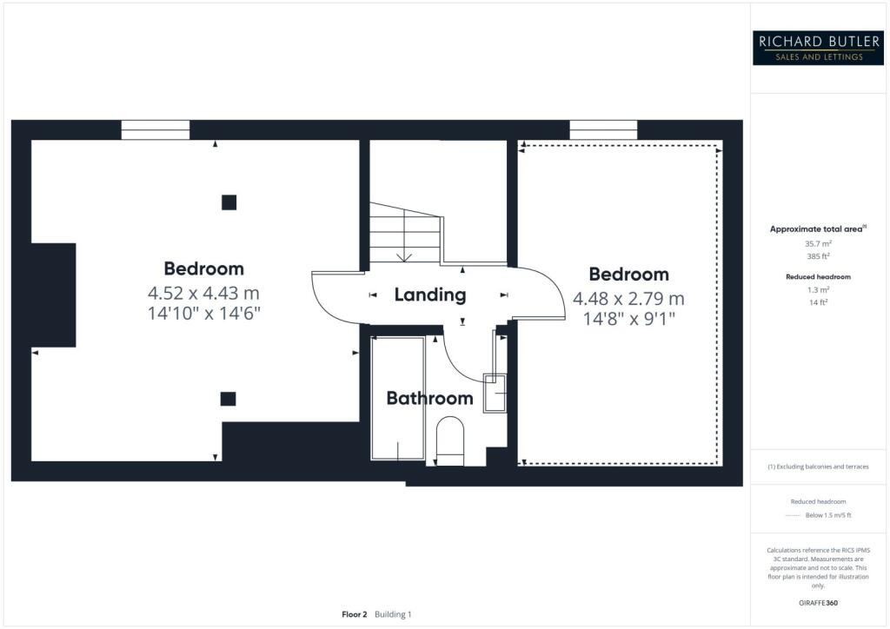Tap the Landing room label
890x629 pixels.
[429, 295]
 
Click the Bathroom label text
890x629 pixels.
[429, 399]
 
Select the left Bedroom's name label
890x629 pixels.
[203, 268]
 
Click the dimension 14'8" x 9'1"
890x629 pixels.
[628, 320]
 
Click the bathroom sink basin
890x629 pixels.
[494, 394]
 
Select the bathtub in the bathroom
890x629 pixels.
[397, 398]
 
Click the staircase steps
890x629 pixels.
[405, 235]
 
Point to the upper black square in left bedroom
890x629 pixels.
[229, 202]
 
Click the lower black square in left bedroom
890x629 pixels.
[228, 399]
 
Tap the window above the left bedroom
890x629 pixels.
[156, 130]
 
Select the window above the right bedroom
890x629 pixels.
[603, 130]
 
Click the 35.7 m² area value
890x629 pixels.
[819, 244]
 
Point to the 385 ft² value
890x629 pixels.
[819, 258]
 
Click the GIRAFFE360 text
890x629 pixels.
[819, 602]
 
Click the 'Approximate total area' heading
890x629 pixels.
[818, 229]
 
